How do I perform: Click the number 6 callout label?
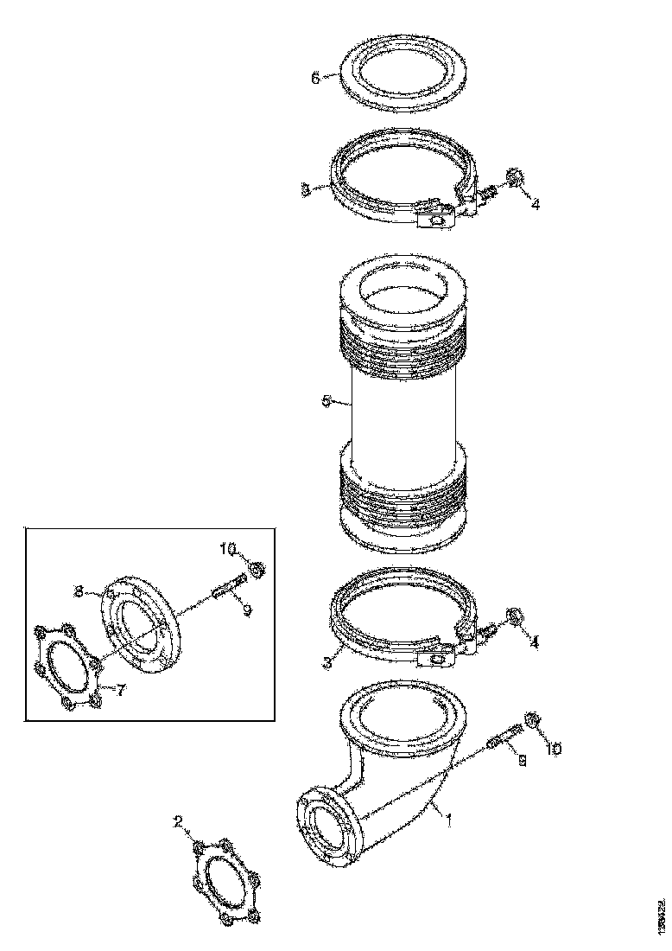tap(316, 78)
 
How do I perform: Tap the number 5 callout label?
tap(326, 401)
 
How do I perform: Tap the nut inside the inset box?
tap(257, 569)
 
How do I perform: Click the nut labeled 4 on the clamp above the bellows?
tap(513, 179)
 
